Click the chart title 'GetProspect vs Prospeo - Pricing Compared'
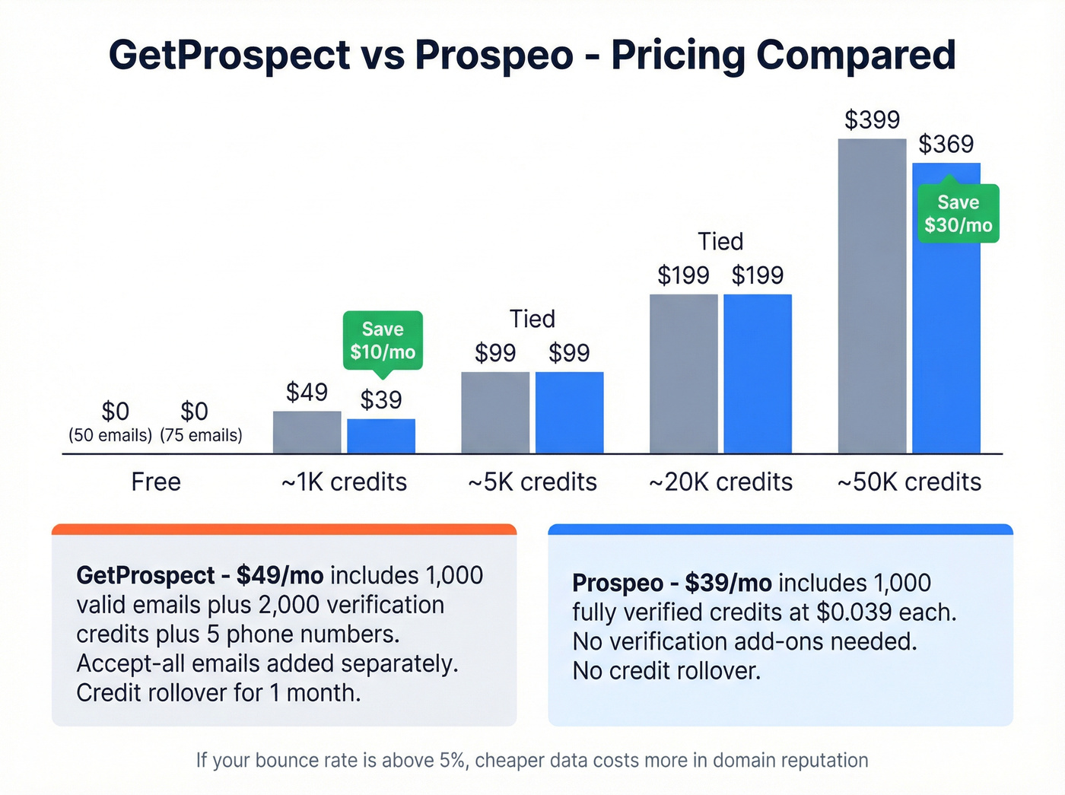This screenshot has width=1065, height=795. (x=532, y=55)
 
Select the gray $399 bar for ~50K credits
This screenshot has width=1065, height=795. (x=872, y=297)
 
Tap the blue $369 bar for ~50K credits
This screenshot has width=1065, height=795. (x=946, y=342)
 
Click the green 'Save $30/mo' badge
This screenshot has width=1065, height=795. (x=958, y=214)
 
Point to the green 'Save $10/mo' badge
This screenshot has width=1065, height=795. (x=382, y=341)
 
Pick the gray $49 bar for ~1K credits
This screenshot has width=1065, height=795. (x=307, y=433)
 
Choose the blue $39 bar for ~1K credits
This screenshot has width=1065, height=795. (x=381, y=437)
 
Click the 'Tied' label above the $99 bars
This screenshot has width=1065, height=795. (x=532, y=319)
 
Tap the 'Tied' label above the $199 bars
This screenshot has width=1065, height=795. (x=720, y=242)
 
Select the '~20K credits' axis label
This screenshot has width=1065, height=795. (x=720, y=482)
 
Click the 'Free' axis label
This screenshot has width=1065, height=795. (x=156, y=482)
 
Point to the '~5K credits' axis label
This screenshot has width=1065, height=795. (x=532, y=482)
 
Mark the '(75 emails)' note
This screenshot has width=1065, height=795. (x=201, y=435)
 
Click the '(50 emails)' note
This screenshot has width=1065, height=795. (x=110, y=435)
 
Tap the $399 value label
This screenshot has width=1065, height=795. (x=872, y=120)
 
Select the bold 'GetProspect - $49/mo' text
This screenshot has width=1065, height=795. (x=199, y=576)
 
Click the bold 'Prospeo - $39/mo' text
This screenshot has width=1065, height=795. (x=671, y=584)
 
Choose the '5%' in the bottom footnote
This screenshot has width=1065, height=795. (x=453, y=760)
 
